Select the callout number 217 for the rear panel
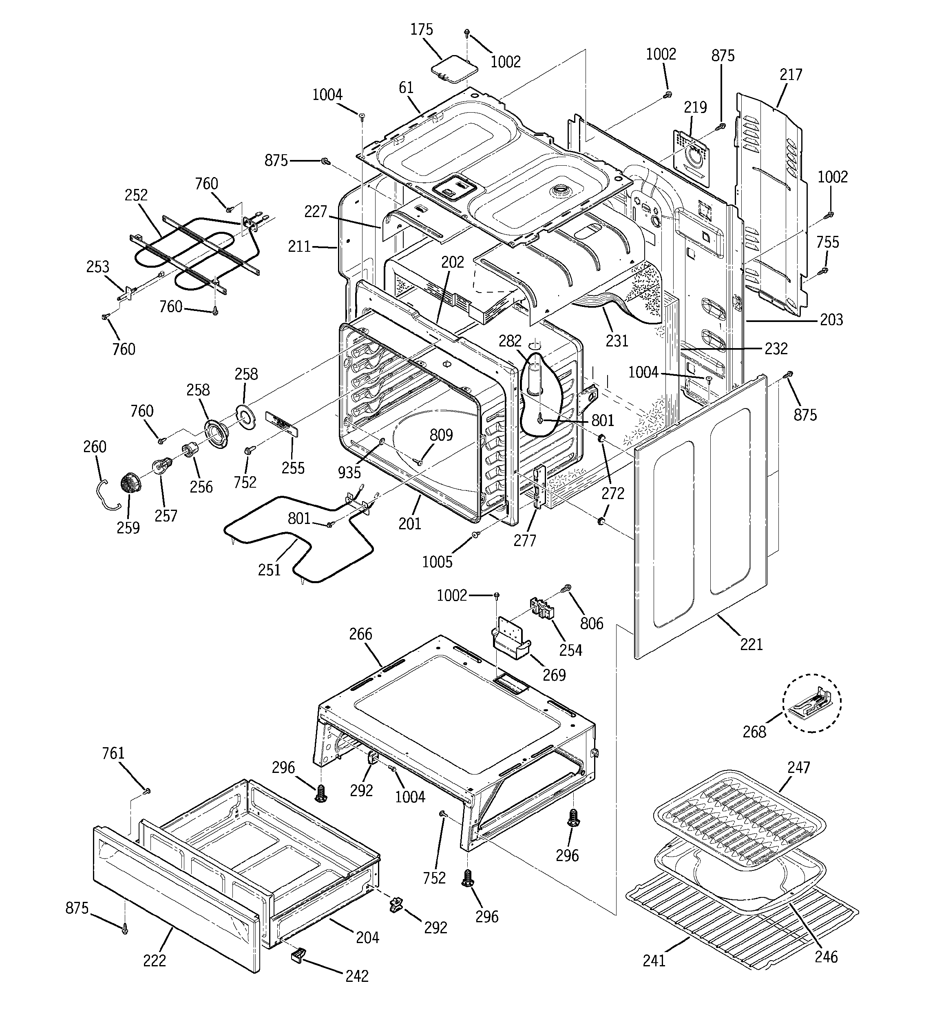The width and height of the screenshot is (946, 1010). (x=791, y=75)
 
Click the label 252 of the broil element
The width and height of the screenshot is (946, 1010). (x=136, y=195)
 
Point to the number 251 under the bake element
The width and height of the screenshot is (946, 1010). (x=269, y=570)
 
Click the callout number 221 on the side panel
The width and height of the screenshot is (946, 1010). (x=751, y=645)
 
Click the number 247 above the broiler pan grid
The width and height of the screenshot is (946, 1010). (x=799, y=767)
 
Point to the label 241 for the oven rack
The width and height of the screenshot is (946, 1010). (x=654, y=961)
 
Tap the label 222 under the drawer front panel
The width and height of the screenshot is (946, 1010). (x=155, y=961)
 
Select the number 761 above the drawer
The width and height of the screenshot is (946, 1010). (x=113, y=753)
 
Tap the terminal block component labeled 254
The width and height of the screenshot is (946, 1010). (x=542, y=607)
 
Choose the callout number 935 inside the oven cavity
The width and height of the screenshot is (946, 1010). (x=349, y=473)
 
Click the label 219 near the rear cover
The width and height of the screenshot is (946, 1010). (x=695, y=108)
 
